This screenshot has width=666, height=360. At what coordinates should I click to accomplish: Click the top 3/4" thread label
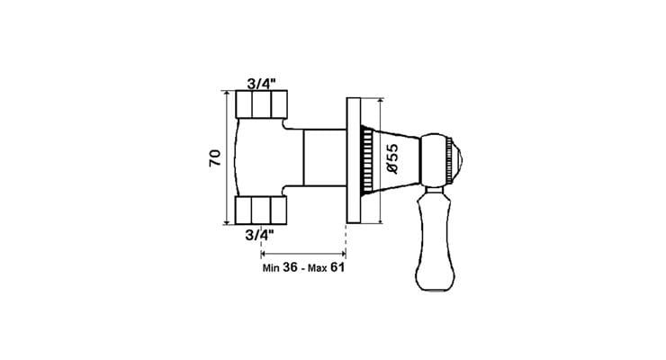tap(261, 84)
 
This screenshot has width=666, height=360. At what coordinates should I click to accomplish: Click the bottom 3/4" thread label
tap(259, 234)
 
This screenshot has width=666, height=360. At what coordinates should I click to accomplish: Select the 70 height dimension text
tap(215, 157)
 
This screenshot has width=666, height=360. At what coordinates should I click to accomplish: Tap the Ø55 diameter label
tap(392, 158)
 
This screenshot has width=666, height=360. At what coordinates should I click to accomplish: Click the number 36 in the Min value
tap(290, 267)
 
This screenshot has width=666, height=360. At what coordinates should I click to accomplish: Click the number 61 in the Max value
tap(337, 267)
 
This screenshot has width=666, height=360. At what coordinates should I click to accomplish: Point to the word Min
tap(271, 268)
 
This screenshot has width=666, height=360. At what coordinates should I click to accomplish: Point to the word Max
tap(318, 268)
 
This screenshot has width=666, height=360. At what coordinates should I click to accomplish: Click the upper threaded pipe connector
tap(262, 104)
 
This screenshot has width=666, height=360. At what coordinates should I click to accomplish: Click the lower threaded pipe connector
tap(261, 210)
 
